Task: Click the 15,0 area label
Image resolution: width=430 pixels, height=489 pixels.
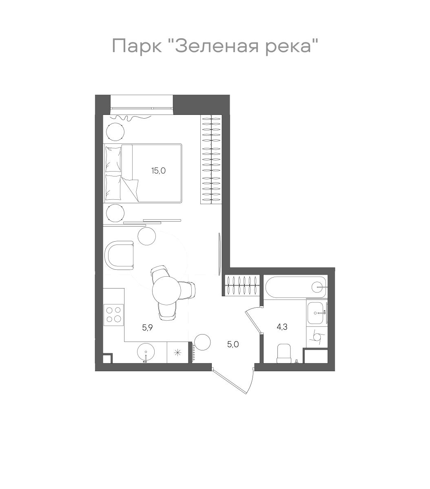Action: (158, 171)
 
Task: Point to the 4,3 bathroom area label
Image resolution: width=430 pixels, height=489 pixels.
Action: (282, 326)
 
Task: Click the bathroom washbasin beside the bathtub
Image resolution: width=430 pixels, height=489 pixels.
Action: (317, 313)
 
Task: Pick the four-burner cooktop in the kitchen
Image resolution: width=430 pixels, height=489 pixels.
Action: (114, 315)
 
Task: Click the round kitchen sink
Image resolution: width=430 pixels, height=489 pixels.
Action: (146, 352)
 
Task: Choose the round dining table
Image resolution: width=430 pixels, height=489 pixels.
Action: (166, 290)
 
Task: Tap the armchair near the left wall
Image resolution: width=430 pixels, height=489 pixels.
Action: (119, 255)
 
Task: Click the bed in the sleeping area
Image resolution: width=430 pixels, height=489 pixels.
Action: (143, 173)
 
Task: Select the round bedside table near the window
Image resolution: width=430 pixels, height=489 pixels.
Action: (116, 131)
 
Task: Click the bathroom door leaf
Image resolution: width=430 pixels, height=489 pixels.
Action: (253, 322)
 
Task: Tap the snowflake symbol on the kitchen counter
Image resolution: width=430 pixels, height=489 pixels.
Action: (177, 352)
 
